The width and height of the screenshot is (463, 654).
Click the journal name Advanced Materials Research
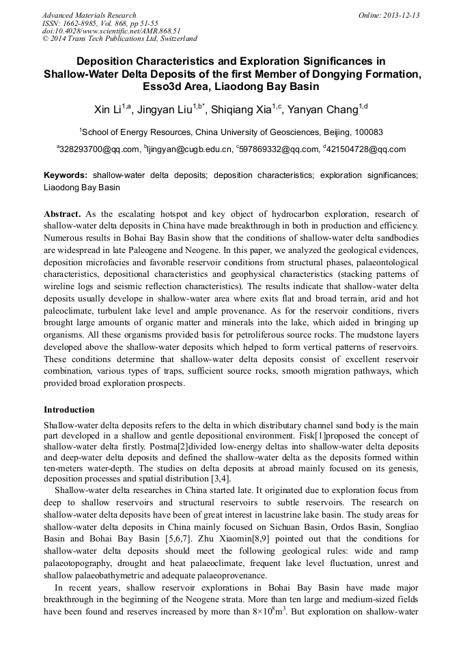point(89,15)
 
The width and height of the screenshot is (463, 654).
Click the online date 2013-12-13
point(402,15)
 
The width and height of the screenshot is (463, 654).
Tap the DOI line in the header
point(111,31)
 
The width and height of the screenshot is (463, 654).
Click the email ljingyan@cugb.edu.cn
point(188,149)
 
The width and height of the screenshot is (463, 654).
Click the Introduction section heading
point(69,410)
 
